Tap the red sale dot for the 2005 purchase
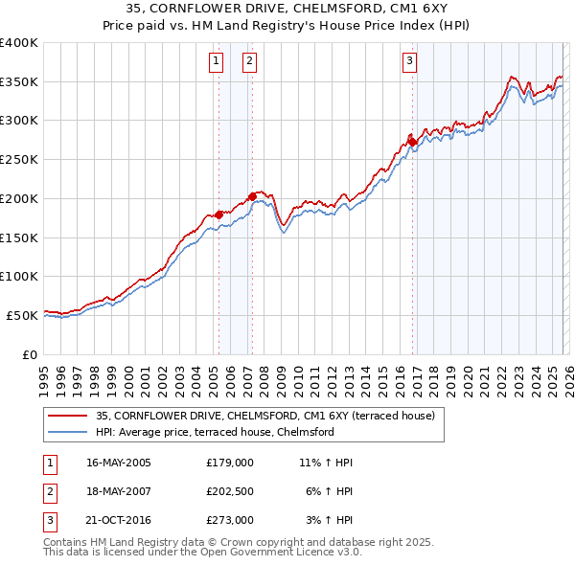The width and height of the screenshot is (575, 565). pos(218,214)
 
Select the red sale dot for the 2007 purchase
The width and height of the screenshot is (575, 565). pos(252,196)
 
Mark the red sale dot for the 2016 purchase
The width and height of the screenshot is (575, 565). pos(412,142)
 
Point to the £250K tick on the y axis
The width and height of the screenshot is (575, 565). pos(19,160)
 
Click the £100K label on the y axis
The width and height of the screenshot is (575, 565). pos(19,276)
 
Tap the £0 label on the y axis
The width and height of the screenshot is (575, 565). pos(31,353)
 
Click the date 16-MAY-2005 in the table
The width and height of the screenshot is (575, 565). pos(118,463)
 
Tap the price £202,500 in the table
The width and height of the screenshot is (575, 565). pos(229,491)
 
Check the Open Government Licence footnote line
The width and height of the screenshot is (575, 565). pos(202,553)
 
